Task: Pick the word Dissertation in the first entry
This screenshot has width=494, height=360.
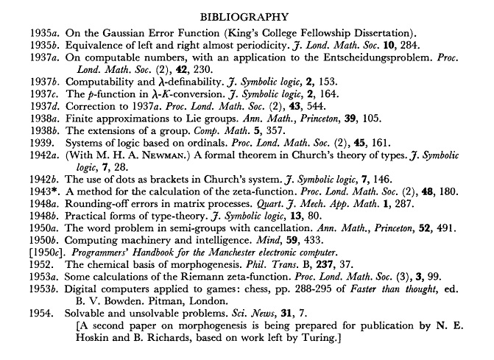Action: [x=381, y=32]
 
